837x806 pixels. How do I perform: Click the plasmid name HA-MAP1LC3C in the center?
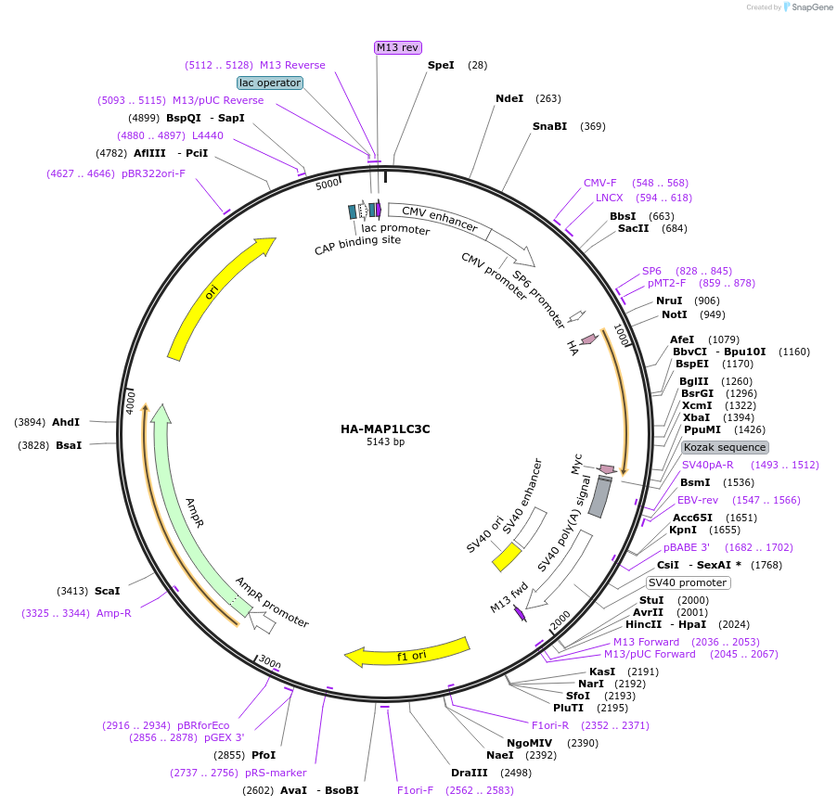[x=385, y=429]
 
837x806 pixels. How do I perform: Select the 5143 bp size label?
[x=385, y=442]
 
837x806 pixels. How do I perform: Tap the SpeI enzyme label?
[x=441, y=65]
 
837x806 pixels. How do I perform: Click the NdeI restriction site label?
[x=509, y=98]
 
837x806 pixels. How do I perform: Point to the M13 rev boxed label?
[x=397, y=47]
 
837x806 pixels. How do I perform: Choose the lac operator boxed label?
[x=270, y=83]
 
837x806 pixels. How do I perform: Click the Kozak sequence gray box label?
[x=725, y=447]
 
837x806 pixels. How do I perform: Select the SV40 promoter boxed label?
[x=688, y=582]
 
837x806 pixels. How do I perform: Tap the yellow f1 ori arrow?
[x=408, y=654]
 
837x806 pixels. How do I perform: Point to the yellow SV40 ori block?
[x=507, y=557]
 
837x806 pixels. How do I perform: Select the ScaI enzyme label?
[x=108, y=590]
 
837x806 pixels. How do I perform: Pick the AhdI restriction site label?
[x=66, y=422]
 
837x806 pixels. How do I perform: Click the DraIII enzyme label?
[x=469, y=773]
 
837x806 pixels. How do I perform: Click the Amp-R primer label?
[x=114, y=613]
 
